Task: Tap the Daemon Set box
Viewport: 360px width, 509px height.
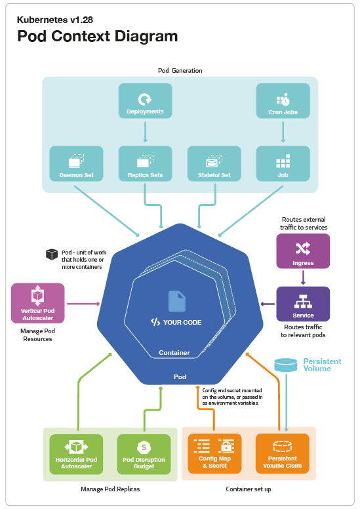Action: [76, 163]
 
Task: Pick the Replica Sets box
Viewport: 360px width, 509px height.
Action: [145, 163]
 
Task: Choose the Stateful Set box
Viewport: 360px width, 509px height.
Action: [214, 163]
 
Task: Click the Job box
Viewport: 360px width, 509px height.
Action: [283, 163]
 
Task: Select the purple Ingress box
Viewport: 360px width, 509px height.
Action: [303, 251]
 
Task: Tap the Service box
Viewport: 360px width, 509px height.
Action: [303, 303]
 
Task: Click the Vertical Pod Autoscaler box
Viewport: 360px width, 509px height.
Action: [38, 303]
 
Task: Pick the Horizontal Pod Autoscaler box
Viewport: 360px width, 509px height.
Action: [76, 454]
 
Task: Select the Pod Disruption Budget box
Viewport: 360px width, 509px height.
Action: [144, 454]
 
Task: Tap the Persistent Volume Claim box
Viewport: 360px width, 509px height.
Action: [283, 454]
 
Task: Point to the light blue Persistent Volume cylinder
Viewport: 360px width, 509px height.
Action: [286, 365]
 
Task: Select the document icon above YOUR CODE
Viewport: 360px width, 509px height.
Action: [176, 301]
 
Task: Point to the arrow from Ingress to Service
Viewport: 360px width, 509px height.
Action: [303, 277]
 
